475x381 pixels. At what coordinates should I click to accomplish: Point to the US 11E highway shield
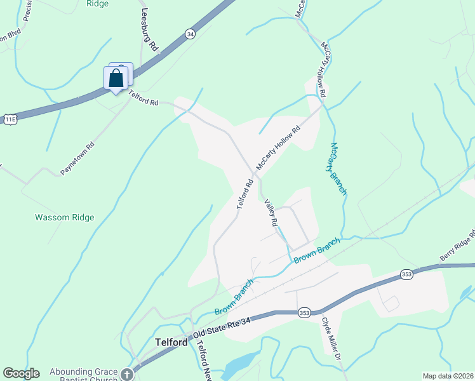click(10, 119)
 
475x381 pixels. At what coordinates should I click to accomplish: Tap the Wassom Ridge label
click(64, 217)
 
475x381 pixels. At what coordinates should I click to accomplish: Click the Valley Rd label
click(271, 213)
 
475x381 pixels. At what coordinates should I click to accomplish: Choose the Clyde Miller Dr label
click(331, 339)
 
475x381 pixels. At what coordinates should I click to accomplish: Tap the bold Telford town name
click(171, 342)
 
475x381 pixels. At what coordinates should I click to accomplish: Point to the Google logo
click(21, 373)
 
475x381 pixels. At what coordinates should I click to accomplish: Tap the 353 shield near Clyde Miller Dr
click(304, 312)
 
